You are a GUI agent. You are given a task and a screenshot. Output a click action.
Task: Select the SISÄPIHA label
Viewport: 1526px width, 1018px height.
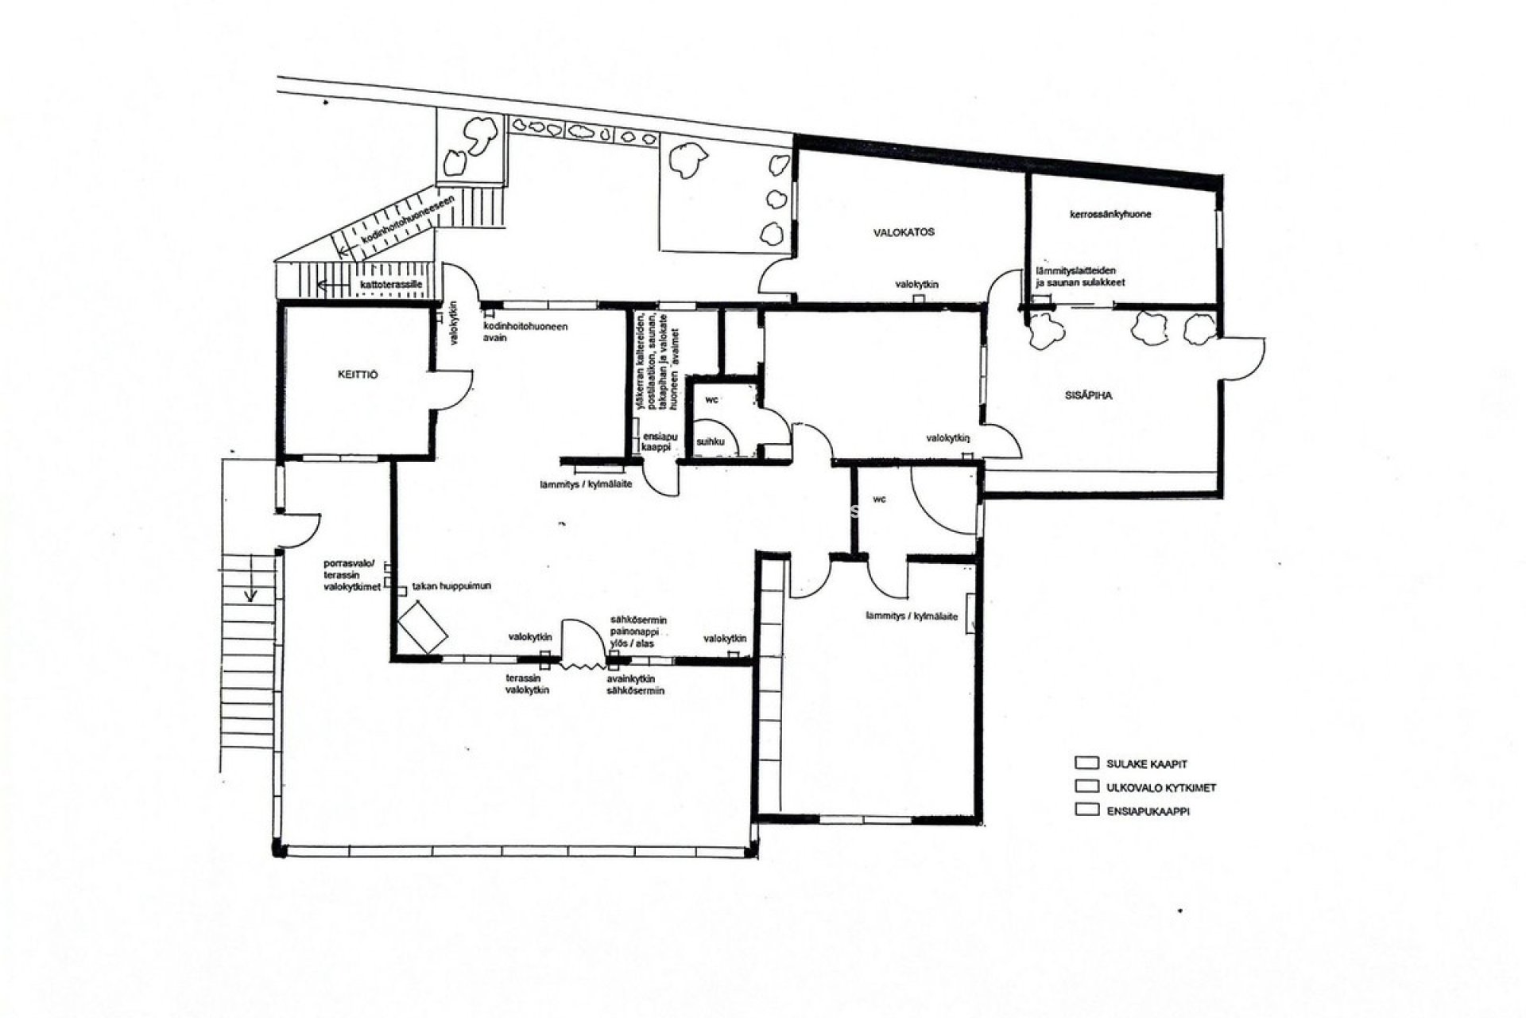coord(1087,395)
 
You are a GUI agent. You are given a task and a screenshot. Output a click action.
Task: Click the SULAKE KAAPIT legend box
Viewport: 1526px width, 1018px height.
coord(1086,763)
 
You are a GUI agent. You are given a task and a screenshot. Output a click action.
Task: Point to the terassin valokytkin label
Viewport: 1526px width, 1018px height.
coord(527,684)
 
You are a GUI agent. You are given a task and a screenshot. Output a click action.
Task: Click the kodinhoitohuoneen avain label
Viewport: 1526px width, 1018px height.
coord(525,332)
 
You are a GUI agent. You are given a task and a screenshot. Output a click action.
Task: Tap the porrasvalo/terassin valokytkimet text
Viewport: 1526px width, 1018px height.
coord(349,574)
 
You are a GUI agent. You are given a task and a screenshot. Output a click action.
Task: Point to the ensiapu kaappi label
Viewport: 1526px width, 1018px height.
coord(656,441)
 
